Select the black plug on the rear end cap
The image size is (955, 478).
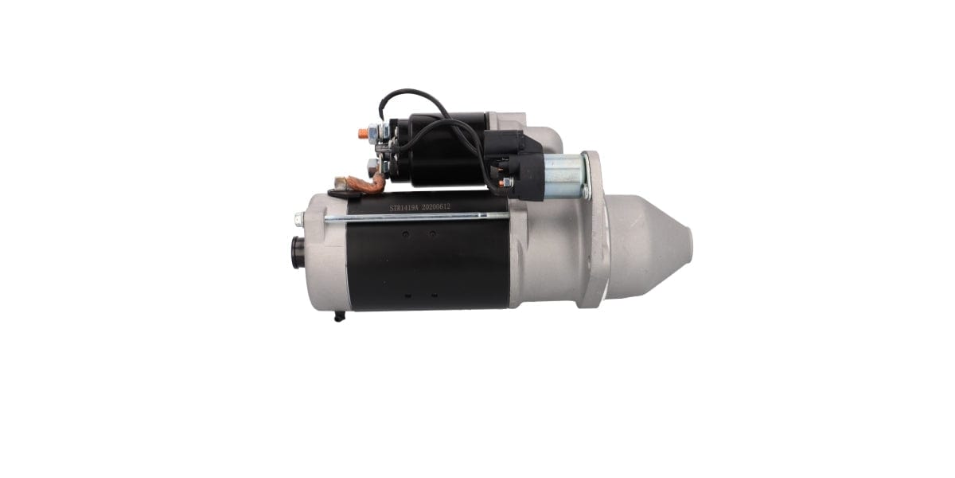click(x=298, y=253)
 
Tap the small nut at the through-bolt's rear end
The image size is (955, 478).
click(x=299, y=217)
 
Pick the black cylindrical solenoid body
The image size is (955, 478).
click(x=438, y=151)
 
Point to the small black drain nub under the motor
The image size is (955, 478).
click(x=340, y=316)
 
